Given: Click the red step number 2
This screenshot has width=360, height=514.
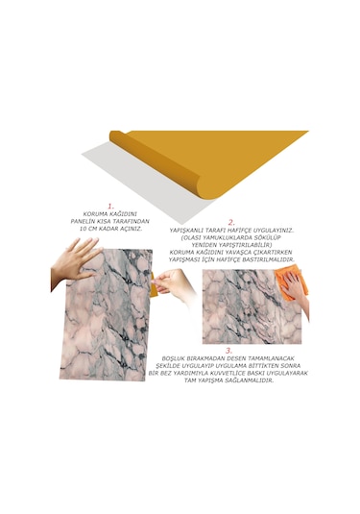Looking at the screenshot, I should point(230,222).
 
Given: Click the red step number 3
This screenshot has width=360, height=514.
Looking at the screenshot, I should point(227,350).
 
